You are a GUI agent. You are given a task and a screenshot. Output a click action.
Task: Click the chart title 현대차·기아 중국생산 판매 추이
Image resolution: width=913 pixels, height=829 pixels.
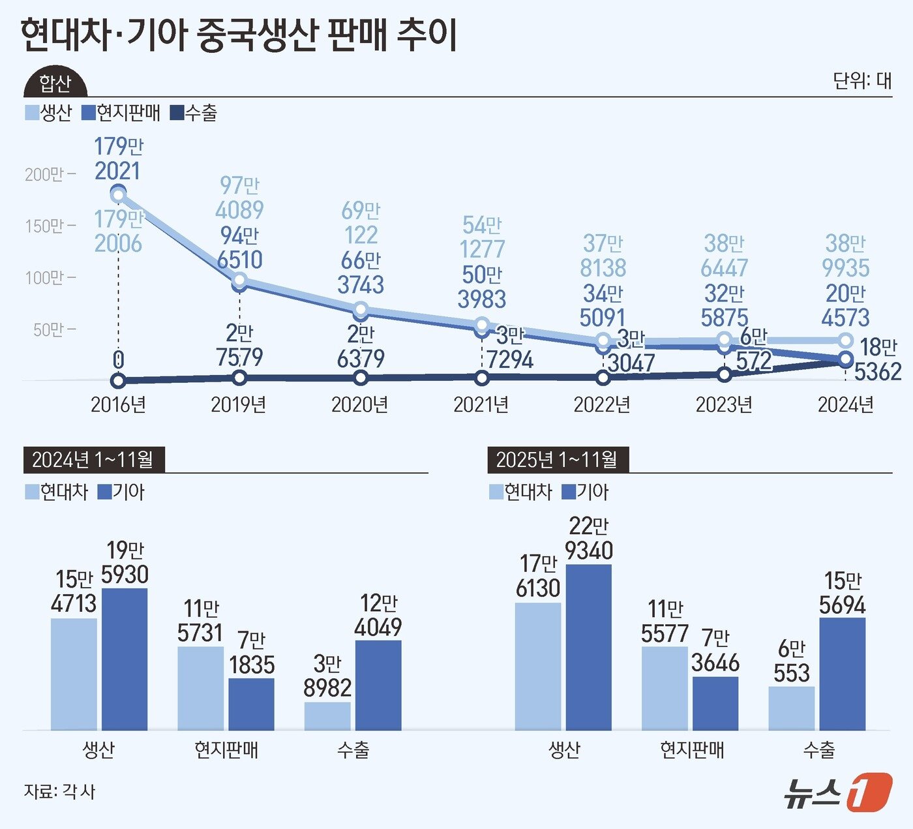pyautogui.click(x=239, y=36)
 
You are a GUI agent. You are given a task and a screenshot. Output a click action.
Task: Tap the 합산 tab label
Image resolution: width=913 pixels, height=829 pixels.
pyautogui.click(x=55, y=83)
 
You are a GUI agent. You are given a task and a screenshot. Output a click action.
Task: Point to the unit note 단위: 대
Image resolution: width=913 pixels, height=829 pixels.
pyautogui.click(x=861, y=80)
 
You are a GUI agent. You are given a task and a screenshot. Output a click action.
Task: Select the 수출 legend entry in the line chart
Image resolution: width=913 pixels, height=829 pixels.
pyautogui.click(x=194, y=113)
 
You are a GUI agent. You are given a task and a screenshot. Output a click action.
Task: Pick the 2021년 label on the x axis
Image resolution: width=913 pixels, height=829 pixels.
pyautogui.click(x=481, y=404)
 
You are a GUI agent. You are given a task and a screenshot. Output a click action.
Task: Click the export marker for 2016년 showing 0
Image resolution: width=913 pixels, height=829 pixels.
pyautogui.click(x=118, y=380)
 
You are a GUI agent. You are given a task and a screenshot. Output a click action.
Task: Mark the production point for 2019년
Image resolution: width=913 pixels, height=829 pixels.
pyautogui.click(x=239, y=280)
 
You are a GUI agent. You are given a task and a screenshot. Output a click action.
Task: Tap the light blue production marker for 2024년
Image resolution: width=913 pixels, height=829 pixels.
pyautogui.click(x=845, y=340)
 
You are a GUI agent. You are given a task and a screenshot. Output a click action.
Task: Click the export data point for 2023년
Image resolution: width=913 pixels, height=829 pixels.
pyautogui.click(x=724, y=374)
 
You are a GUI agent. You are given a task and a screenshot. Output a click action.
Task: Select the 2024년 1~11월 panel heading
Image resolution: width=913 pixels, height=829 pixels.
pyautogui.click(x=93, y=460)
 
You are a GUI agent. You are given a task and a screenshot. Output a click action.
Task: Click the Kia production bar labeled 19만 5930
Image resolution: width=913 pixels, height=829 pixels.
pyautogui.click(x=125, y=659)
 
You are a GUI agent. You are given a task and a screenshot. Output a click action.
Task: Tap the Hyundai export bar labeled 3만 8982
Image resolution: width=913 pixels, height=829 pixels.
pyautogui.click(x=327, y=716)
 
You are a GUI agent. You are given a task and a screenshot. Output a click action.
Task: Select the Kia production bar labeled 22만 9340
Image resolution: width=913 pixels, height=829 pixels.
pyautogui.click(x=589, y=647)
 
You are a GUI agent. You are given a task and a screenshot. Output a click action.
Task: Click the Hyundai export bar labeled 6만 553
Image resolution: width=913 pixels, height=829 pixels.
pyautogui.click(x=791, y=708)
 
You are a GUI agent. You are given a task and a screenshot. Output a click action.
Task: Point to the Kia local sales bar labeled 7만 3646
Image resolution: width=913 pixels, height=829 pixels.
pyautogui.click(x=715, y=703)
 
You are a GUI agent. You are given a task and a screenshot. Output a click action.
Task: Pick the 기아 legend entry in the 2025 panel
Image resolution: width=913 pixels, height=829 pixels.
pyautogui.click(x=585, y=492)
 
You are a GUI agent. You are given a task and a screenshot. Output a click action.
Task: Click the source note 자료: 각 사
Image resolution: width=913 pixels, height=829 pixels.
pyautogui.click(x=59, y=791)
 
